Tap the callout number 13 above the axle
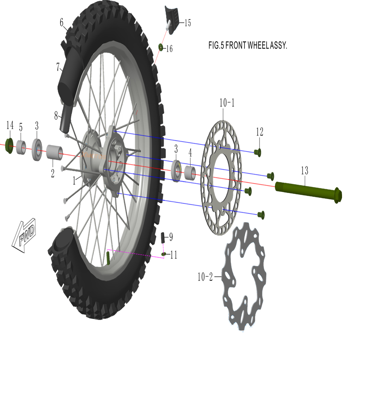(x=304, y=171)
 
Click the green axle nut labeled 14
(x=9, y=146)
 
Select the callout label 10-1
(x=227, y=102)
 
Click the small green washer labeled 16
(x=160, y=47)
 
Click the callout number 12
(x=260, y=132)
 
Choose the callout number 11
(x=173, y=255)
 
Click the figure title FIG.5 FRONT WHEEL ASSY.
(x=248, y=46)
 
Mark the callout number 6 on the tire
(x=61, y=23)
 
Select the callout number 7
(x=58, y=67)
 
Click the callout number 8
(x=56, y=116)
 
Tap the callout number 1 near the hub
(x=75, y=181)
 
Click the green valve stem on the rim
(x=108, y=258)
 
